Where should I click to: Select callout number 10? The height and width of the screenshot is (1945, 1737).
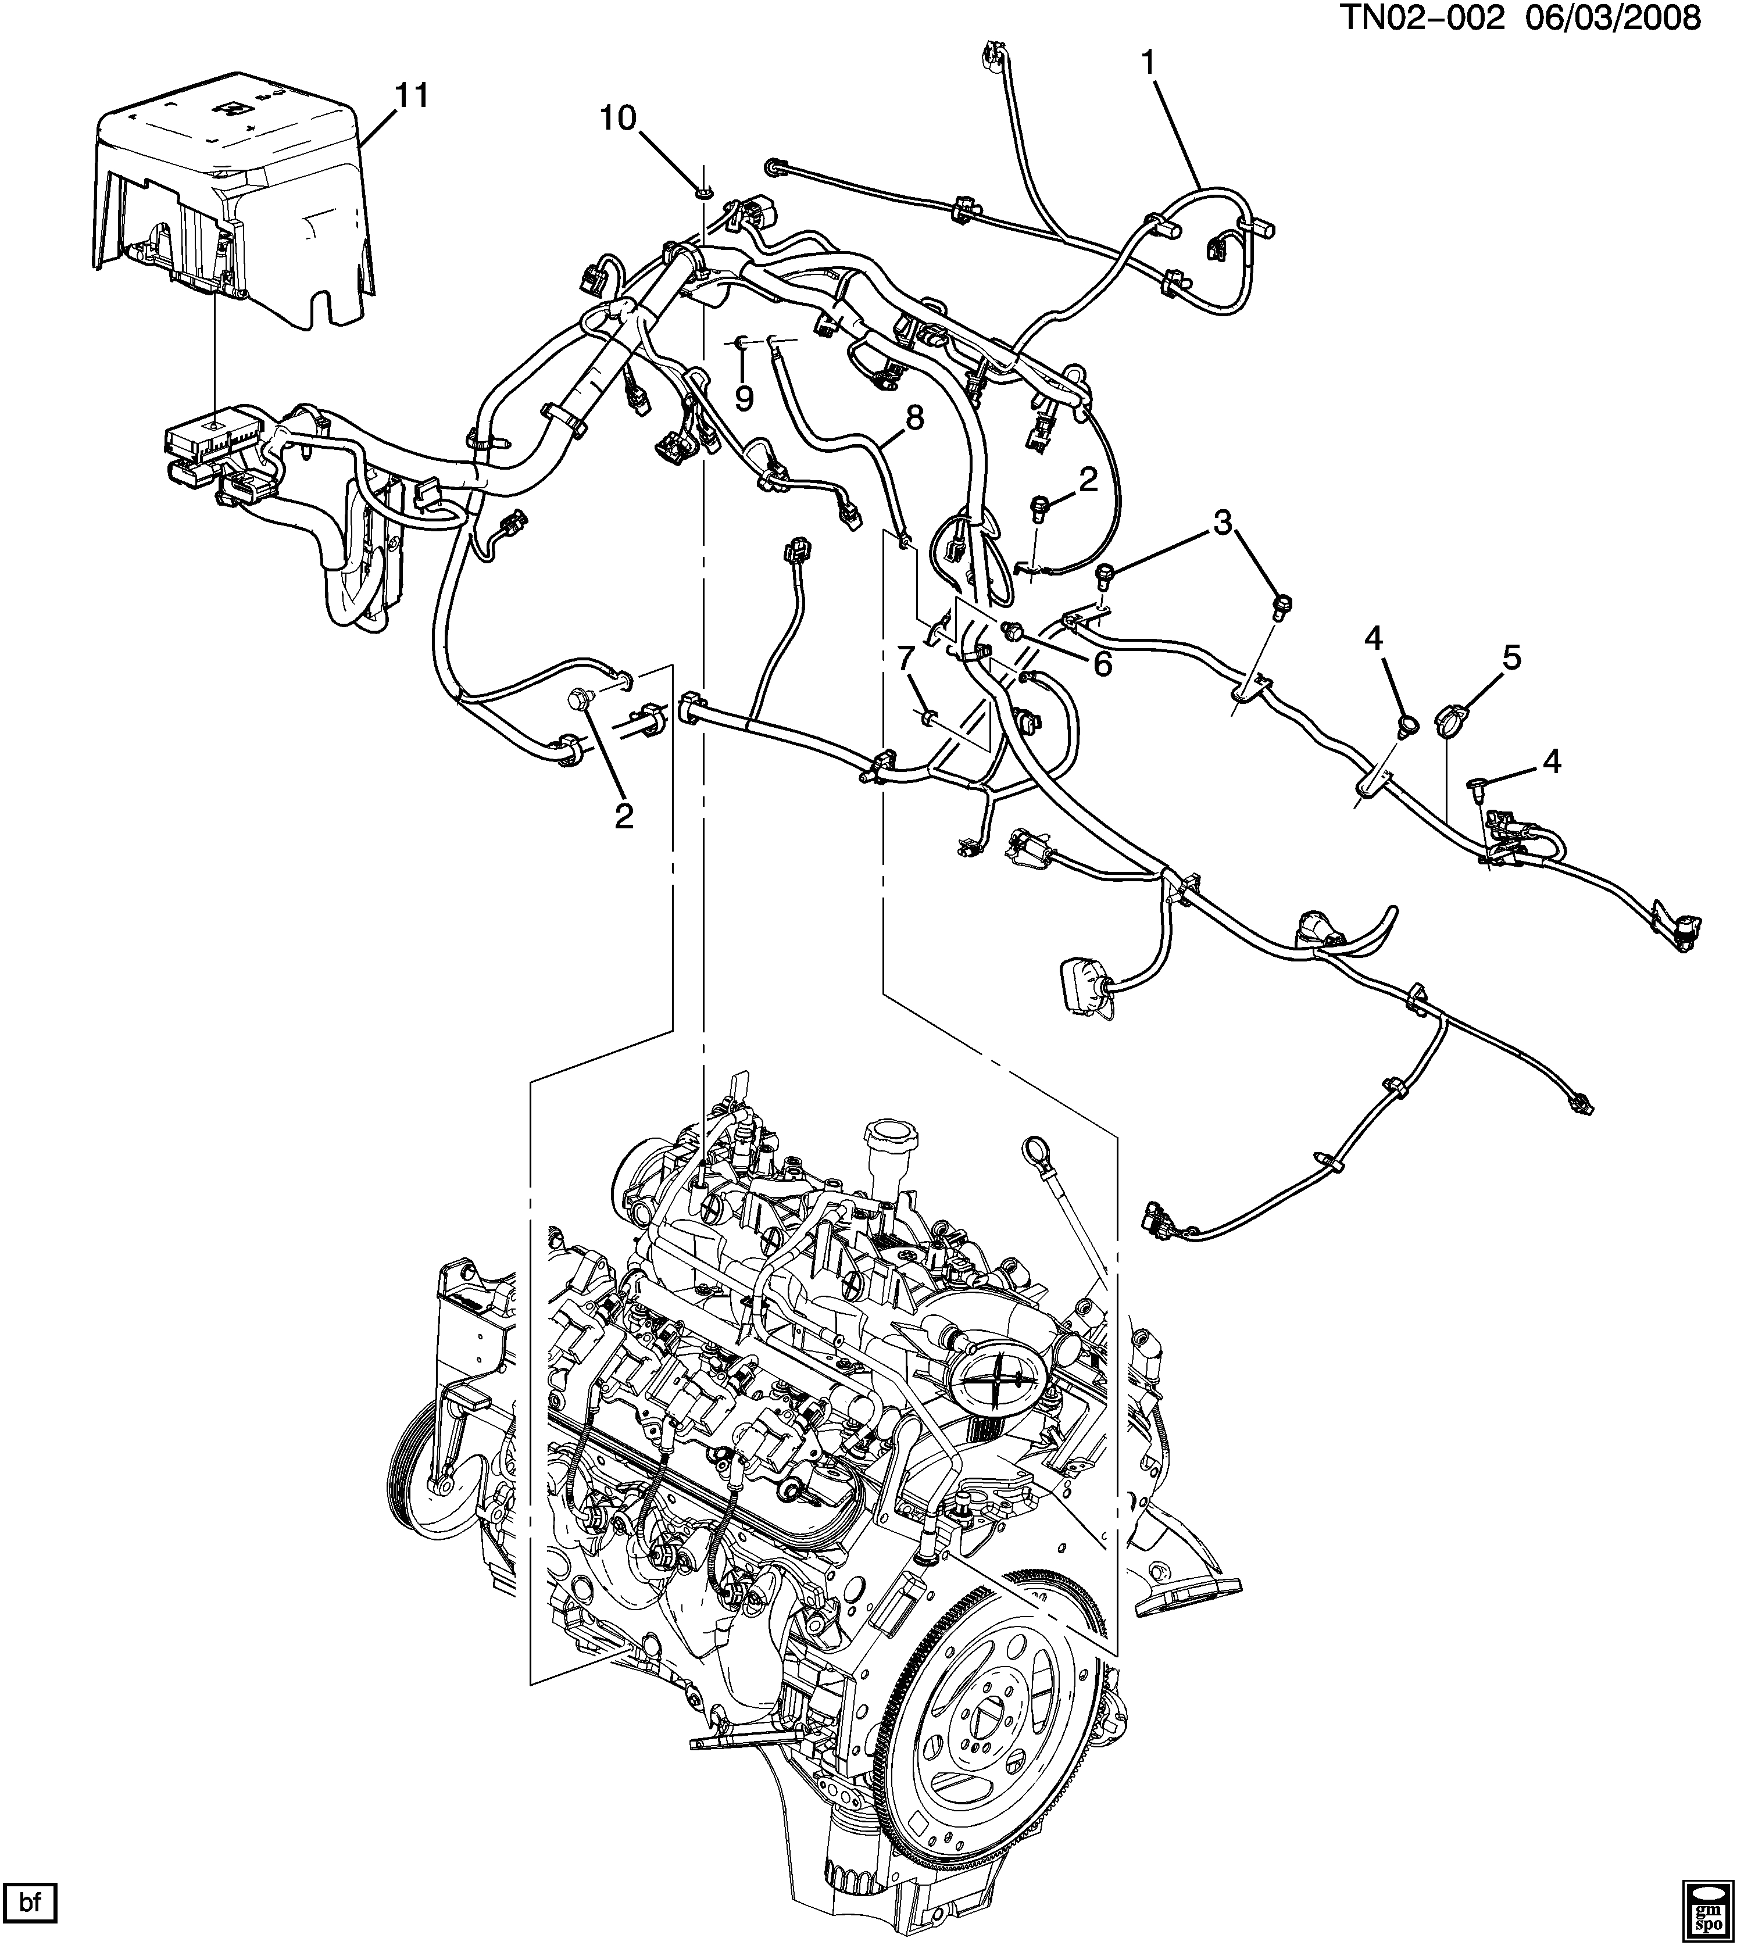tap(617, 119)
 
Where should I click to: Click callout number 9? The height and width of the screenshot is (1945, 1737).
tap(744, 398)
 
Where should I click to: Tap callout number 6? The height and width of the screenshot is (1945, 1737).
tap(1102, 665)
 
